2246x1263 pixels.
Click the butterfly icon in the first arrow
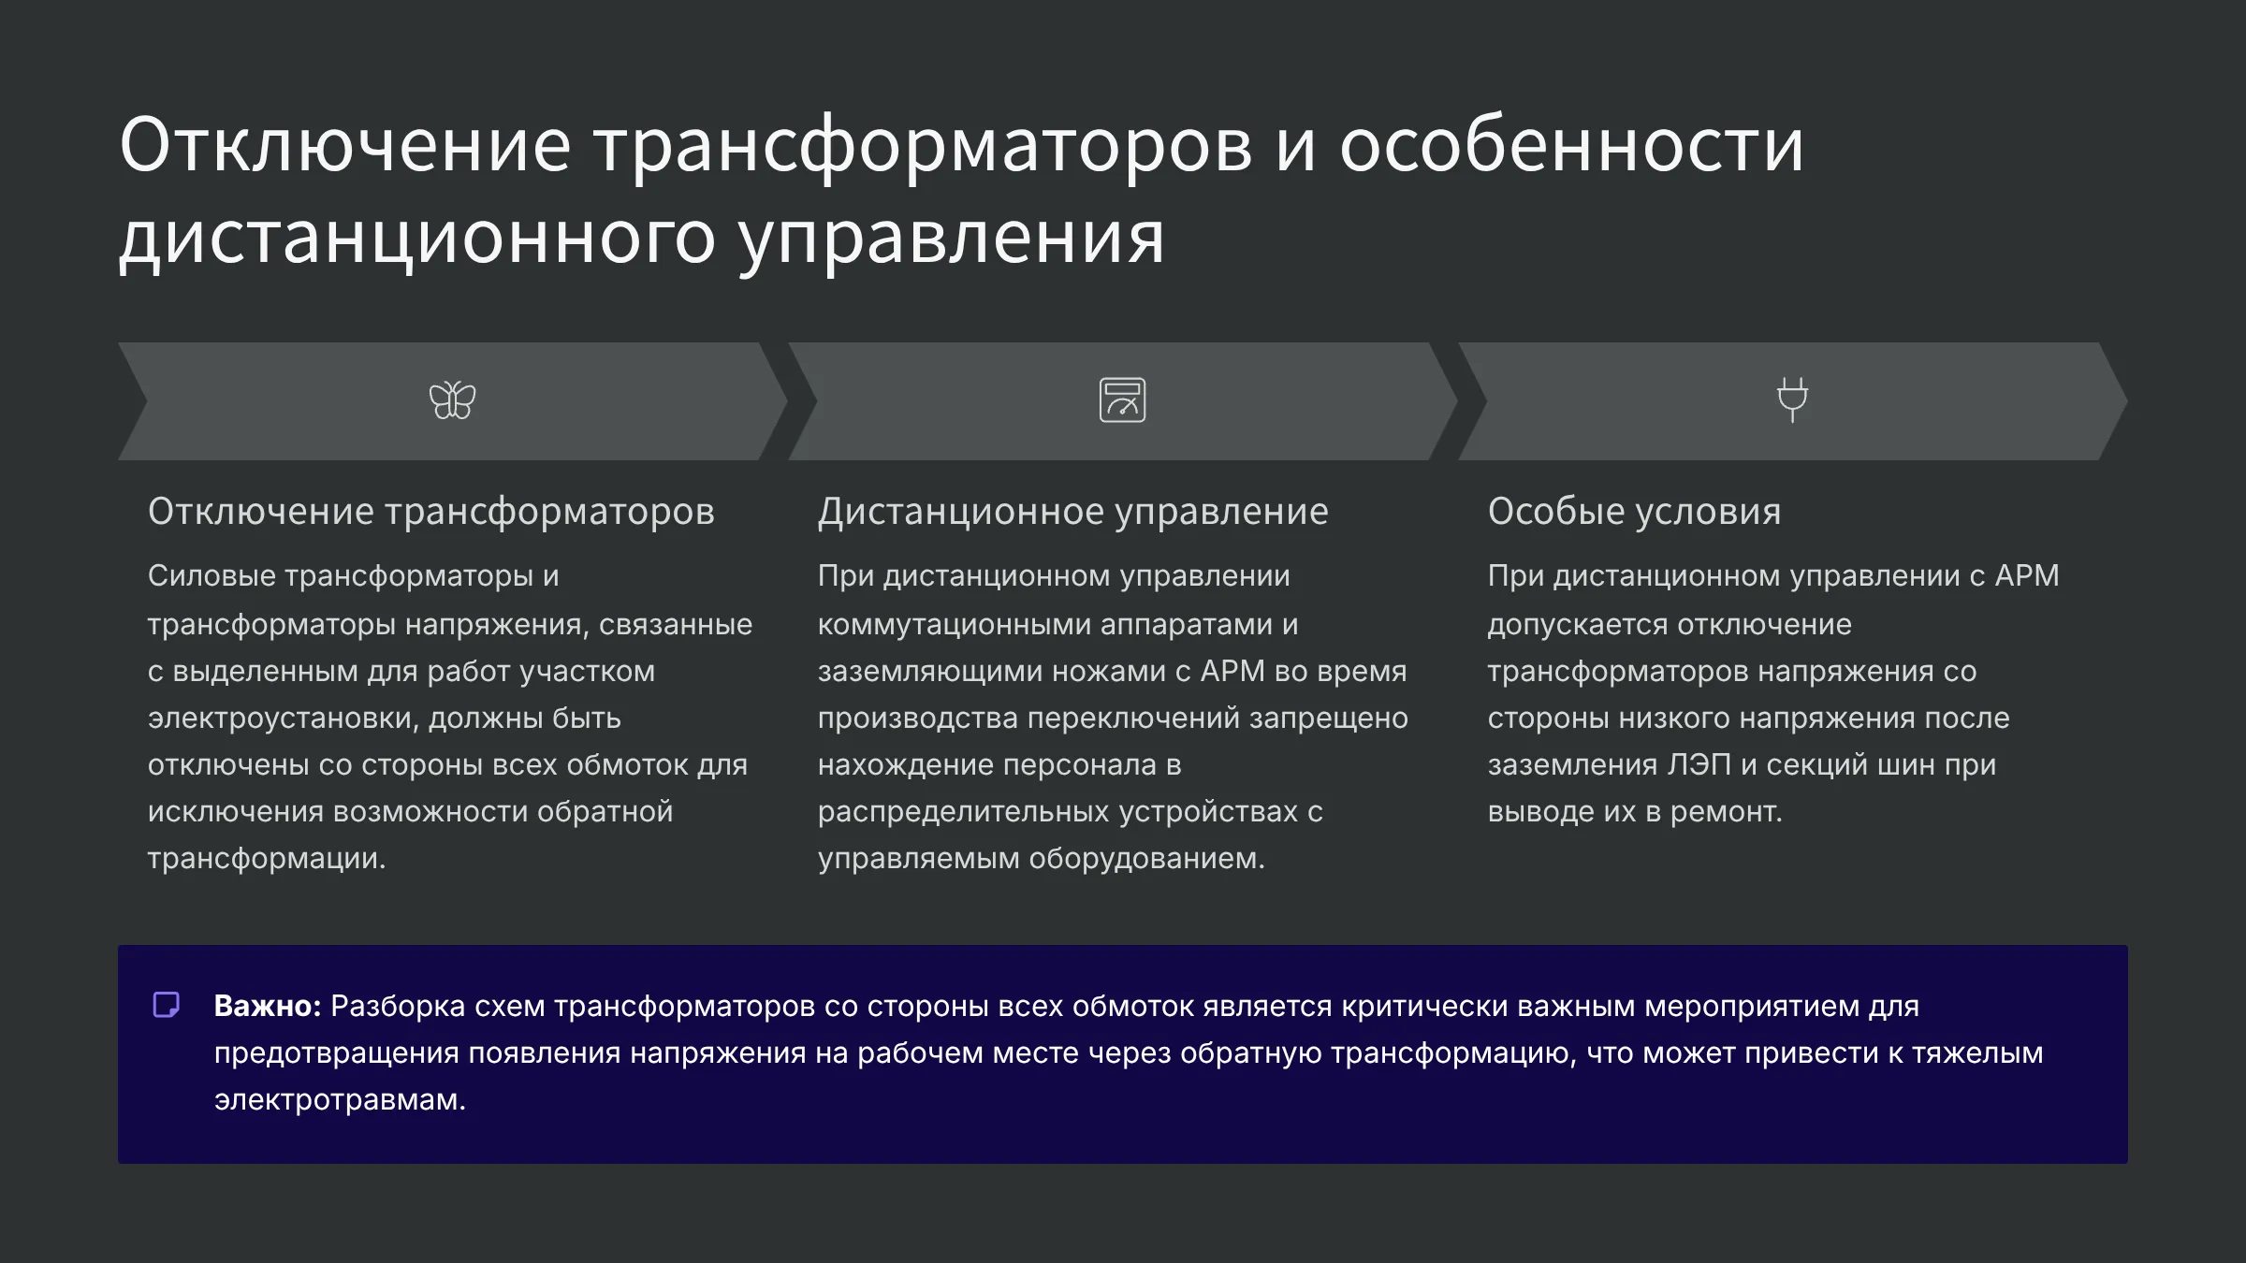click(452, 400)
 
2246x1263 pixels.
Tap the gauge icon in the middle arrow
click(1122, 400)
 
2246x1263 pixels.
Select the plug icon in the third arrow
click(1792, 399)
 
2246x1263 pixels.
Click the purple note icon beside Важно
click(167, 1005)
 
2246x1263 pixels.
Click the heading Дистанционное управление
click(1072, 512)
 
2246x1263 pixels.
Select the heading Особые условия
click(1634, 512)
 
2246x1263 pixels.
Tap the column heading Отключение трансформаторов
click(430, 512)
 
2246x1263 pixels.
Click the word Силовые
click(211, 575)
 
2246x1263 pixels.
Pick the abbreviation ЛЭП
click(1699, 764)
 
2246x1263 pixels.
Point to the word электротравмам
click(340, 1099)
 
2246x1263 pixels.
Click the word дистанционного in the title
click(417, 238)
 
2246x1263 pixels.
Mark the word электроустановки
click(284, 719)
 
